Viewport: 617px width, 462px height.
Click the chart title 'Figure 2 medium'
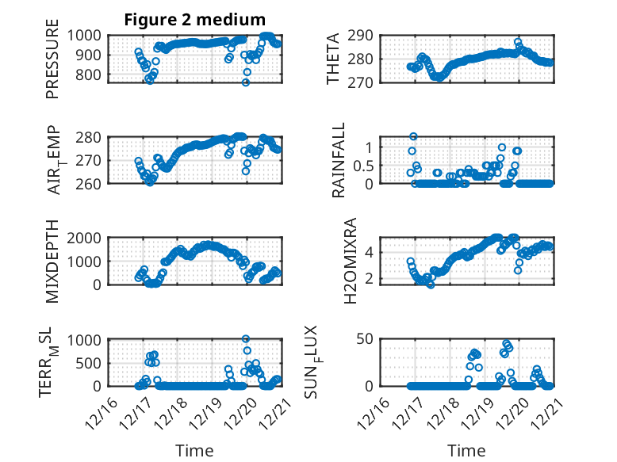(x=194, y=20)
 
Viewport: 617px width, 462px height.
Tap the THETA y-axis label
(x=334, y=59)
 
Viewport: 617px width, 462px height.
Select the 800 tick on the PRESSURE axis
(x=90, y=74)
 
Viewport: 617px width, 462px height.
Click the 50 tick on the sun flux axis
(x=366, y=339)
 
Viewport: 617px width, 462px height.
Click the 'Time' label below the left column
(x=194, y=450)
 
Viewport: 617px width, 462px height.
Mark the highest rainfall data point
(x=414, y=136)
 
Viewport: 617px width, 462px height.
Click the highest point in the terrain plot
(x=246, y=339)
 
